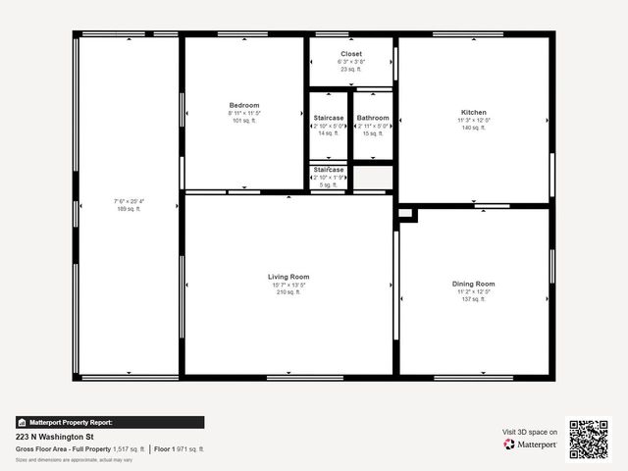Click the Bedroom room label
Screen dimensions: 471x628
[244, 105]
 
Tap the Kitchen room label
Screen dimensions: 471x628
[474, 113]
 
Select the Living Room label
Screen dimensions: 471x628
[288, 277]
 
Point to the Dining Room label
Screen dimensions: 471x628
[474, 284]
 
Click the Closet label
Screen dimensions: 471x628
[351, 54]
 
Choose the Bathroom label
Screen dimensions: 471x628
[373, 118]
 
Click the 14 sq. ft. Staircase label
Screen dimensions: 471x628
[329, 118]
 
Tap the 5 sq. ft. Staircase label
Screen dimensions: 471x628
[329, 170]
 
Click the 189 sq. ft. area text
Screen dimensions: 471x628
[129, 209]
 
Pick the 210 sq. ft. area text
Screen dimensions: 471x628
[288, 292]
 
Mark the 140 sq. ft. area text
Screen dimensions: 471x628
[474, 129]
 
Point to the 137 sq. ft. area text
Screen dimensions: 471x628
[474, 299]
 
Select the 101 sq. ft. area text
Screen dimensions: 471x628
[244, 121]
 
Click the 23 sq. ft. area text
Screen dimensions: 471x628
[351, 70]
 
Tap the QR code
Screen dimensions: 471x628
[589, 439]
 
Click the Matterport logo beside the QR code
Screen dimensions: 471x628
[531, 445]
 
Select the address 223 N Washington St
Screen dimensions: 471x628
[54, 437]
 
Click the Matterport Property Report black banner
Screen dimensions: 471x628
[110, 422]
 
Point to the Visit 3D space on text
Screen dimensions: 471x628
[530, 432]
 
